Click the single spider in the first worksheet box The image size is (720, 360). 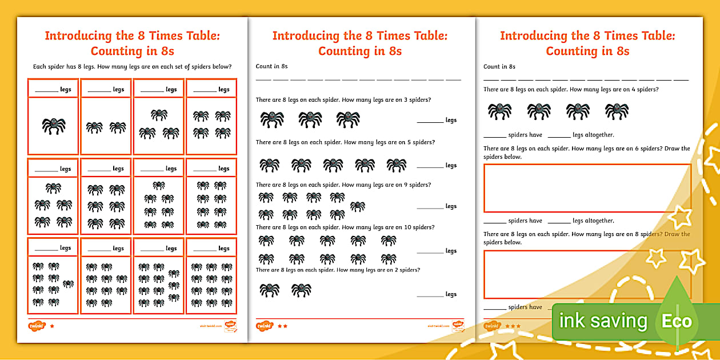[54, 125]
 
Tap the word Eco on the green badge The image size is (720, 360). [677, 321]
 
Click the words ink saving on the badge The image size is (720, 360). [603, 321]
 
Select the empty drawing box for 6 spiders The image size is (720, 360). [587, 188]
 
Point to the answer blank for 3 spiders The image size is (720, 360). [430, 121]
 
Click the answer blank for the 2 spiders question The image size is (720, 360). [430, 295]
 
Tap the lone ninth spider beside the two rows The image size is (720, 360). [358, 206]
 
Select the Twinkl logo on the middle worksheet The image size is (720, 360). [264, 326]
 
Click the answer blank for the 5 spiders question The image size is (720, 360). [430, 166]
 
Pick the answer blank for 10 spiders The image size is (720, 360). [430, 251]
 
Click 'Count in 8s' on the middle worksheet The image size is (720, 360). [271, 66]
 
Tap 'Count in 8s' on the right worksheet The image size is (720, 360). [499, 66]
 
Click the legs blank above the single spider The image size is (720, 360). [46, 90]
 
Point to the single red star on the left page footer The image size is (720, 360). [52, 326]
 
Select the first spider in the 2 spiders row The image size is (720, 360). [269, 290]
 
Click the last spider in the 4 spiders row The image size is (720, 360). [617, 111]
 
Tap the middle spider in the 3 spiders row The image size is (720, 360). [310, 119]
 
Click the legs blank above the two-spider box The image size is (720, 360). [99, 90]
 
